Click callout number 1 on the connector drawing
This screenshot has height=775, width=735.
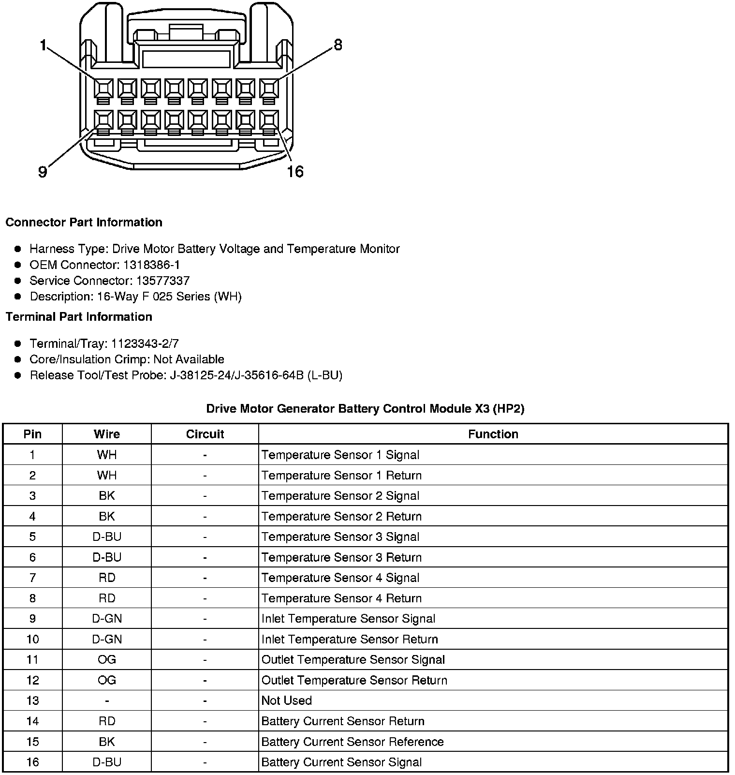[x=43, y=45]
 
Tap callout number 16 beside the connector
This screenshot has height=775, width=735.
[x=295, y=172]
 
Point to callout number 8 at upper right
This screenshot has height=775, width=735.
[x=338, y=45]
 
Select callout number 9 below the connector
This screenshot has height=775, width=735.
[x=43, y=172]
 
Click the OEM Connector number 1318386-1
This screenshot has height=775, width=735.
[x=152, y=265]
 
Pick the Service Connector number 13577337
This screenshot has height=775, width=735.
[x=162, y=281]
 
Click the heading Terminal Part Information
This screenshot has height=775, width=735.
[x=79, y=317]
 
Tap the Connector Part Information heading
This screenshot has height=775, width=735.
[x=84, y=223]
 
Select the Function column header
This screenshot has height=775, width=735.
[x=493, y=434]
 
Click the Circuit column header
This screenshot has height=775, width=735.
[x=205, y=434]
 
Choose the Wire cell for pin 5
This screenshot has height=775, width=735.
[x=107, y=537]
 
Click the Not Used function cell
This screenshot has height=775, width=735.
[x=286, y=700]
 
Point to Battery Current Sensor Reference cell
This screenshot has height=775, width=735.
[x=352, y=742]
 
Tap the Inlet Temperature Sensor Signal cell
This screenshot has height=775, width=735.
[x=348, y=619]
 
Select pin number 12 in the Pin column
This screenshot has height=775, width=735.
[x=32, y=680]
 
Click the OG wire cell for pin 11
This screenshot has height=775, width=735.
[x=107, y=660]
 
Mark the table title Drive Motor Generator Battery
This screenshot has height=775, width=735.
[x=365, y=409]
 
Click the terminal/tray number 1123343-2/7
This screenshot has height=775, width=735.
[x=145, y=343]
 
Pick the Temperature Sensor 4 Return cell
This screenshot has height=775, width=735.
[x=341, y=598]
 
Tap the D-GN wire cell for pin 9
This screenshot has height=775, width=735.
[x=107, y=619]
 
